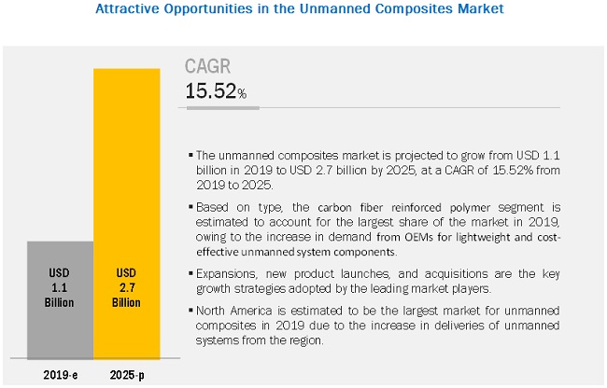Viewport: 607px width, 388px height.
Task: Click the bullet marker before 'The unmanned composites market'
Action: point(191,154)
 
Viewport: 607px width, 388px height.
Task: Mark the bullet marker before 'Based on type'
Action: point(191,205)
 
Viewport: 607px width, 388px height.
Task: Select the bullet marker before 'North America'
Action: point(191,309)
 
